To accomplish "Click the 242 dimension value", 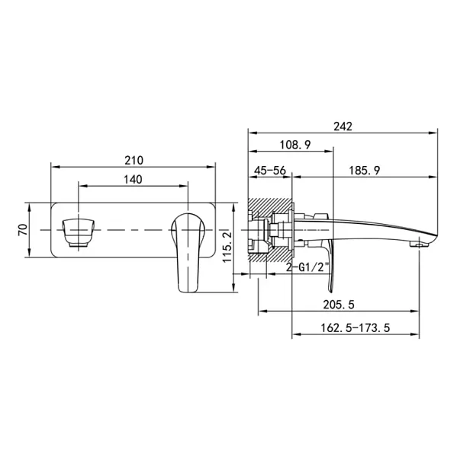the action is (x=343, y=126).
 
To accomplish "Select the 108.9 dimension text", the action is (x=295, y=145).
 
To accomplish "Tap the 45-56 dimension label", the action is (x=270, y=171).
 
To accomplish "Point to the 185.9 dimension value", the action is (x=365, y=171).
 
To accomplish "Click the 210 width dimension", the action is (x=134, y=161).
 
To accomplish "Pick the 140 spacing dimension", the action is (x=134, y=180).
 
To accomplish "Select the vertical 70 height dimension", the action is (x=23, y=230).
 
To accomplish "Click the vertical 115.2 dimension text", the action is (x=227, y=247).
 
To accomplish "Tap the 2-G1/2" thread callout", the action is (x=307, y=267).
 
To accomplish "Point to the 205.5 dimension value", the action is (x=339, y=305).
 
